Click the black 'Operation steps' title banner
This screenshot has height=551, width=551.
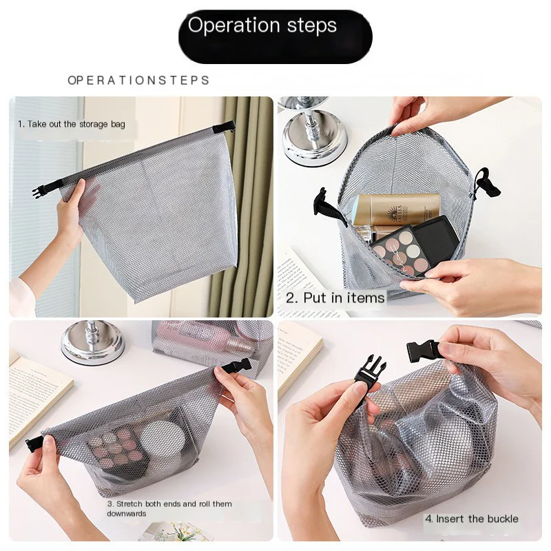[275, 36]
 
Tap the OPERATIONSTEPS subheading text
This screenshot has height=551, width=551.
[138, 81]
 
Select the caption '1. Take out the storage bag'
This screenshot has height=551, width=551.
[72, 125]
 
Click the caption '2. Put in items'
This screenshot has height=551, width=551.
[335, 298]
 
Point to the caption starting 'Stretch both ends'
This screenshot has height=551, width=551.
[169, 508]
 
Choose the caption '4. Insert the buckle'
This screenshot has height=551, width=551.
[471, 519]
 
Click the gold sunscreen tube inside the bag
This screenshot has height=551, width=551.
[396, 209]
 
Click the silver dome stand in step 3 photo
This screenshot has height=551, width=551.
[92, 342]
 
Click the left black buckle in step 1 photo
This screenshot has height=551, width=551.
[39, 191]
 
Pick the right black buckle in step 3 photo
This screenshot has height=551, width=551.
[237, 366]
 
